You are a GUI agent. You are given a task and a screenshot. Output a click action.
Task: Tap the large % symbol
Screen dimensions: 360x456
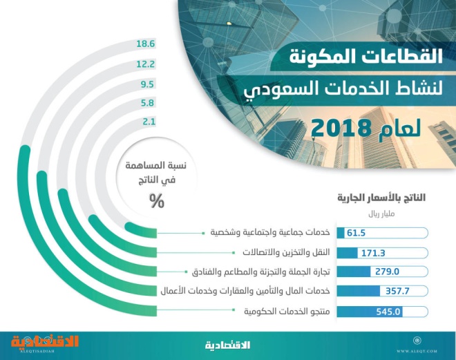[x=157, y=201]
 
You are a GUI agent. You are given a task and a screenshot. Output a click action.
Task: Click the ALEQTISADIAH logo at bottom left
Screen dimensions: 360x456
[x=45, y=343]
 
